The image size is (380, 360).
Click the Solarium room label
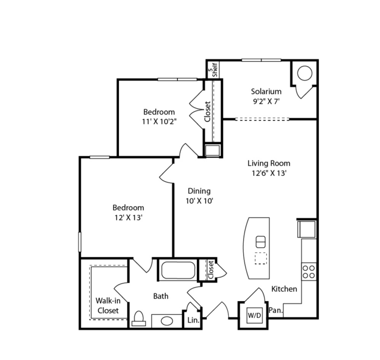(266, 91)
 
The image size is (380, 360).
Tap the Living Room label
(269, 163)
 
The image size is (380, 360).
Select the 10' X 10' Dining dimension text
(199, 201)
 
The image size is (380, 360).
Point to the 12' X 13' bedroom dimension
(128, 217)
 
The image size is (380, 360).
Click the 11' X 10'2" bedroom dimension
(159, 122)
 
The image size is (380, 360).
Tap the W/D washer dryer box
(254, 315)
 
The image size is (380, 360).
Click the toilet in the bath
(139, 318)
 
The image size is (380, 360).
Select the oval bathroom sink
(167, 321)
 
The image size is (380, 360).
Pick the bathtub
(178, 270)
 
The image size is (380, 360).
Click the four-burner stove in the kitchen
(309, 271)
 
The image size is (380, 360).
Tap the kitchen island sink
(260, 242)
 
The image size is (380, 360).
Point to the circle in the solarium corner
(304, 73)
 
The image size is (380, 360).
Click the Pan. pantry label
(276, 310)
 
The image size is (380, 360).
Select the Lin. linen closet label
(193, 320)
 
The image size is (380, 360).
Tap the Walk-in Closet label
(108, 305)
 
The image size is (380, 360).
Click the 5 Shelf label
(213, 70)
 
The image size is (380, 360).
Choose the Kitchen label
(284, 289)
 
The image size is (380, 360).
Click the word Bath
(161, 296)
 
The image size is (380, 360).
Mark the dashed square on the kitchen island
(260, 258)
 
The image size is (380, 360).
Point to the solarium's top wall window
(261, 60)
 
